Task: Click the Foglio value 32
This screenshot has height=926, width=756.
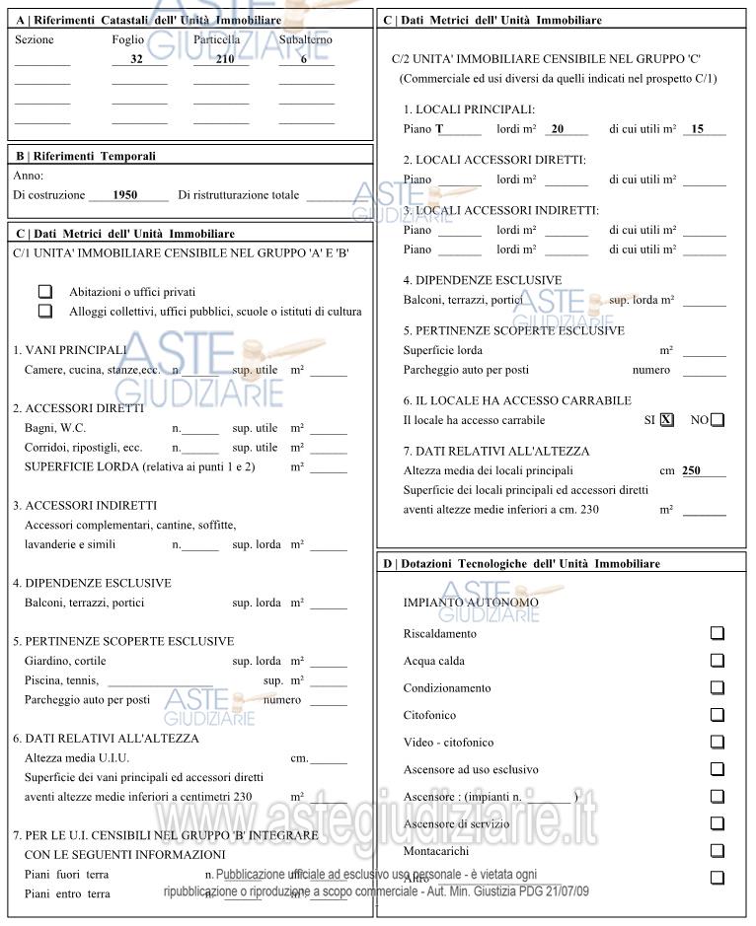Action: (137, 59)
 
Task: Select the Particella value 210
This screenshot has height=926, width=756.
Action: (224, 59)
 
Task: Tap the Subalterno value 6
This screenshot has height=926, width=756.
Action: (304, 59)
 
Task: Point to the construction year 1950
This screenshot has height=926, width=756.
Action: (125, 195)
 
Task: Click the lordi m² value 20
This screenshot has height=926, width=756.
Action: (558, 129)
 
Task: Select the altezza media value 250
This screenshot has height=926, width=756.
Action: (691, 470)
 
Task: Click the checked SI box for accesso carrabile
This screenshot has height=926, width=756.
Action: (667, 420)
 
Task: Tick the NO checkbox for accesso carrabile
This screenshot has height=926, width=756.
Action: (718, 420)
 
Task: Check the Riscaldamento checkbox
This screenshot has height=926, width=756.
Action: (718, 633)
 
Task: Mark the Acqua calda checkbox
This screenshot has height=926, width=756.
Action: (718, 661)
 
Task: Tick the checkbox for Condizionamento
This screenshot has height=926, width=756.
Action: (718, 687)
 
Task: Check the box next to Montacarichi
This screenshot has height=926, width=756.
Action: (718, 850)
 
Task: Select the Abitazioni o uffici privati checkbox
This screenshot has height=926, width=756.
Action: (44, 292)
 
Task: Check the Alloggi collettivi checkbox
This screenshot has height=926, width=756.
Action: (44, 311)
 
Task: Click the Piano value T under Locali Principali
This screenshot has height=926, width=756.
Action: (439, 129)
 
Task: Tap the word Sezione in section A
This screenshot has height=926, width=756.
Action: (35, 39)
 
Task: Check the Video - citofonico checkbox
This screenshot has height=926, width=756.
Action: (718, 742)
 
